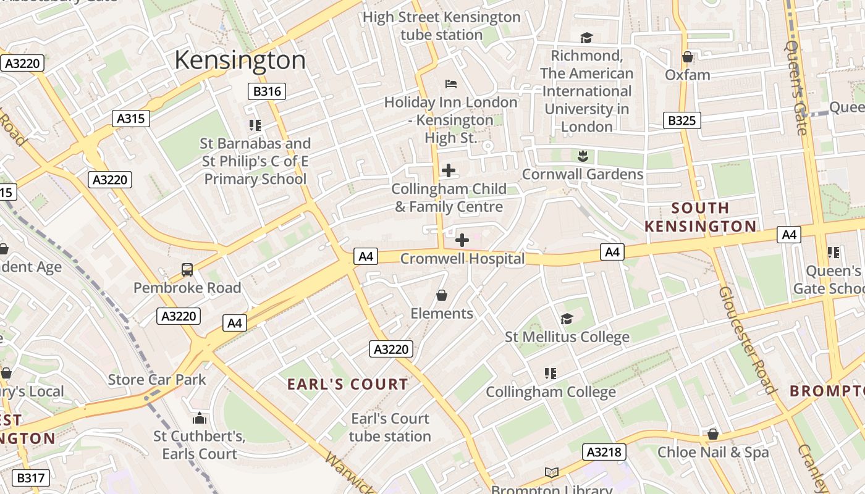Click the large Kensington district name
[x=240, y=61]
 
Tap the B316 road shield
[x=267, y=92]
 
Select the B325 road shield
[x=681, y=120]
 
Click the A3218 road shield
[x=604, y=452]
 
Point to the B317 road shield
[x=30, y=478]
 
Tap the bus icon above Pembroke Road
[x=187, y=269]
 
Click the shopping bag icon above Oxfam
[x=687, y=57]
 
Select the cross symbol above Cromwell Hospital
[x=462, y=240]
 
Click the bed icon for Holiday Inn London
[x=450, y=84]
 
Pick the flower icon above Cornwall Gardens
[x=582, y=156]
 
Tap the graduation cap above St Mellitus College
[x=567, y=319]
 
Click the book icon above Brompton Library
[x=551, y=473]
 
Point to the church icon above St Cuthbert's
[x=199, y=418]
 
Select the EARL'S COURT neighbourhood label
[x=348, y=384]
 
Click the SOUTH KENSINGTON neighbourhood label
[x=700, y=217]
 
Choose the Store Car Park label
[x=157, y=379]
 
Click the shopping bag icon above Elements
[x=441, y=295]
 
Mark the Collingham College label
[x=551, y=392]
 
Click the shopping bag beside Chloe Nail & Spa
[x=713, y=434]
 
